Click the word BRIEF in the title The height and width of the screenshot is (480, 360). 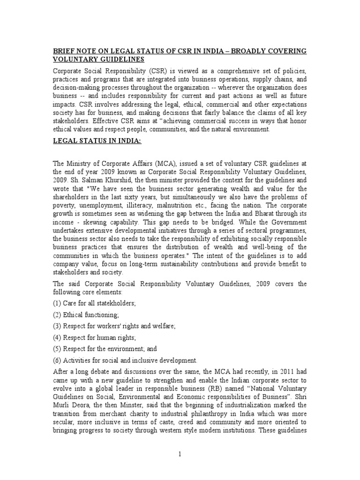[x=64, y=51]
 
